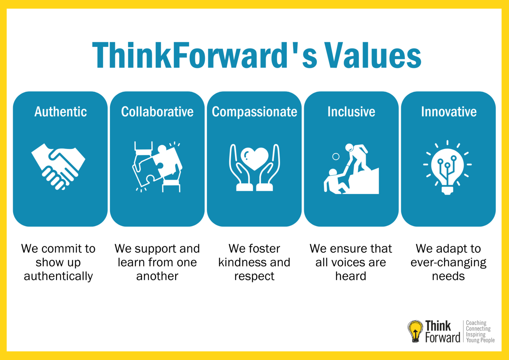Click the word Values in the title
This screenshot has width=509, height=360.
tap(373, 55)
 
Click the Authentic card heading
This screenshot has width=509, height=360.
tap(60, 112)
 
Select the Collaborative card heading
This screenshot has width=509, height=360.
tap(157, 112)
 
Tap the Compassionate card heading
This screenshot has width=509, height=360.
tap(254, 112)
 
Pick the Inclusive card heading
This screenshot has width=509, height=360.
tap(351, 112)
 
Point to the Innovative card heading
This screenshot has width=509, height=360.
tap(449, 112)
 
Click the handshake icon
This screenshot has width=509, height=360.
tap(58, 167)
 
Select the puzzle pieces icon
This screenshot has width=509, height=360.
tap(157, 167)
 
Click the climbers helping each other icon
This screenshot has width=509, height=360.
tap(351, 169)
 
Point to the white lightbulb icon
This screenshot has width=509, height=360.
tap(448, 168)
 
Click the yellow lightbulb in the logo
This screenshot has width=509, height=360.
tap(415, 331)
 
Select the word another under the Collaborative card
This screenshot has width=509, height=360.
tap(157, 276)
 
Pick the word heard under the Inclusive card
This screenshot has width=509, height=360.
tap(351, 276)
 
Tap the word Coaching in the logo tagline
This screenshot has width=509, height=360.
tap(476, 323)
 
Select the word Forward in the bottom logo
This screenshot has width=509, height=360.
tap(442, 337)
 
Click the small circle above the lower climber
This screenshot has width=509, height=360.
tap(336, 157)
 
